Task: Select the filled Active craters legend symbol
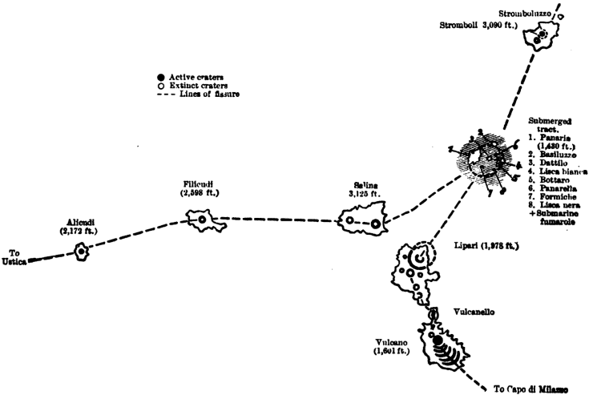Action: [x=161, y=76]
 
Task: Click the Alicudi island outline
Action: [x=81, y=252]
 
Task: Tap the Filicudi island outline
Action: [x=202, y=219]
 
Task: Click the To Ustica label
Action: [x=17, y=257]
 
